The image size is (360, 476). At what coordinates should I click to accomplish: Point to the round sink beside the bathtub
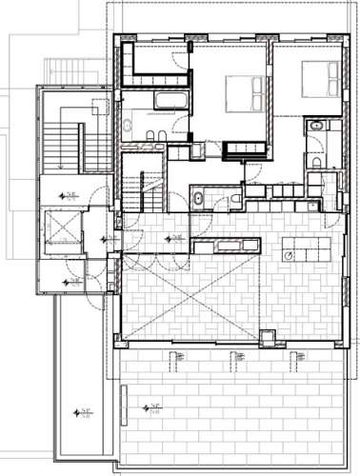click(129, 124)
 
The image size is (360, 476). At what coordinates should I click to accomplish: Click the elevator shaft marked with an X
click(63, 230)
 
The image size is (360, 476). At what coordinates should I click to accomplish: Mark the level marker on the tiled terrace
click(150, 407)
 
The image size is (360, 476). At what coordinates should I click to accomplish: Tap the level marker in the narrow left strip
click(84, 412)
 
